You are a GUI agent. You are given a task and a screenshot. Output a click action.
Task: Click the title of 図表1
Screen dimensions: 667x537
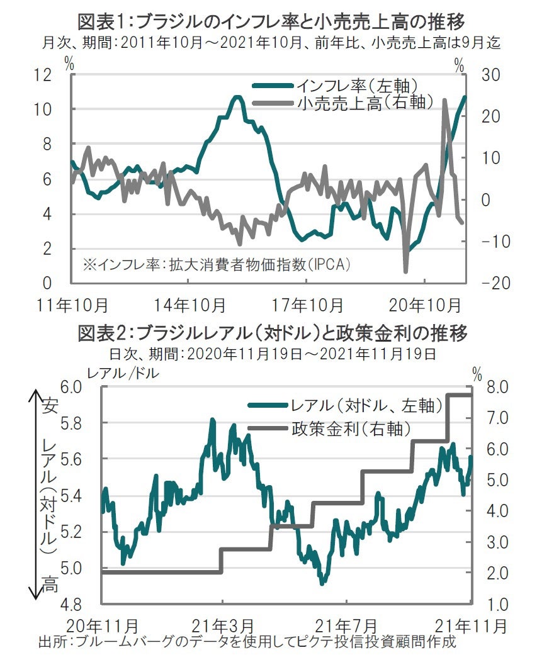(x=271, y=23)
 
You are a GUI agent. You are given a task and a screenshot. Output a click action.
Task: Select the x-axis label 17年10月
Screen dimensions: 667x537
(x=307, y=305)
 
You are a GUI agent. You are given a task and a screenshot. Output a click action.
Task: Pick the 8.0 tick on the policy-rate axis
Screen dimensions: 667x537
(x=491, y=386)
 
